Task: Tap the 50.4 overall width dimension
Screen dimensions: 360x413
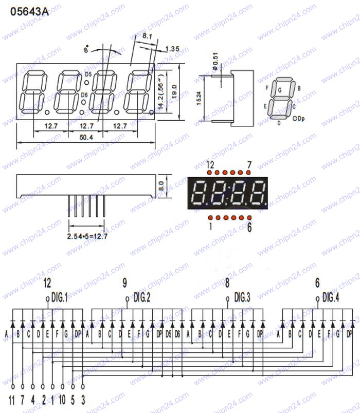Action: coord(86,137)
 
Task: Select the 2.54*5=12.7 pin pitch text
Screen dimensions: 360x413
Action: coord(87,237)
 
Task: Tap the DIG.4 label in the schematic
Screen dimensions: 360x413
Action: coord(331,297)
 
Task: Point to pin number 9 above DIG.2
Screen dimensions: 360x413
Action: coord(125,282)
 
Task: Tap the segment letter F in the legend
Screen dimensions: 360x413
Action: coord(266,88)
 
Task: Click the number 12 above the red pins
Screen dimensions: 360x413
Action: coord(210,165)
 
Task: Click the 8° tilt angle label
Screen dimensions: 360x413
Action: coord(86,50)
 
